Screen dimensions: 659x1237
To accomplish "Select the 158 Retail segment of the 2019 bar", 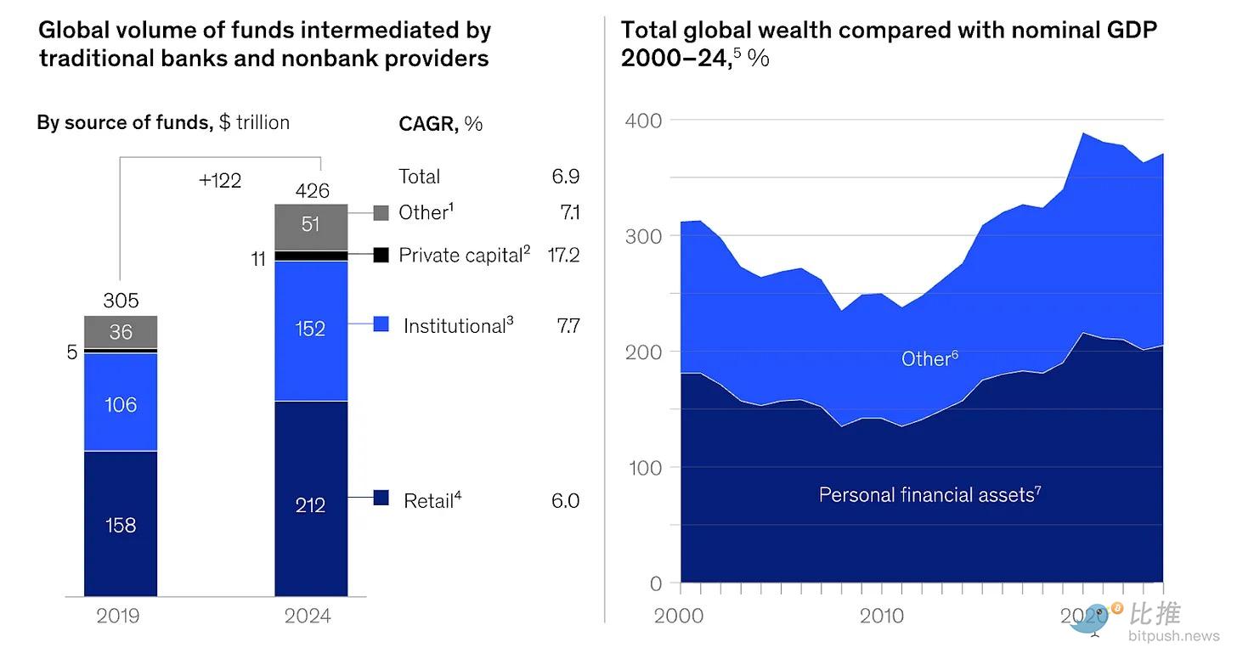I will point(121,524).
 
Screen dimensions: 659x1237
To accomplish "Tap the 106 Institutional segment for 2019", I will point(121,403).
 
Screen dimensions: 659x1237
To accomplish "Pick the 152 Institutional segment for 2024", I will point(311,329).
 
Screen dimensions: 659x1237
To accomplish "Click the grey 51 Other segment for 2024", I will point(311,224).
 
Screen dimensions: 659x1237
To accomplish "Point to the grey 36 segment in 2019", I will point(121,331).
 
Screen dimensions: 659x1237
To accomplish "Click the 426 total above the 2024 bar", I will point(312,190).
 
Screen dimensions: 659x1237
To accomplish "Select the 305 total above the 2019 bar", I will point(121,301).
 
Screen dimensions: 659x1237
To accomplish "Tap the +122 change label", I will point(220,180).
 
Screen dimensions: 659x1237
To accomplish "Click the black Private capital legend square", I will point(381,255).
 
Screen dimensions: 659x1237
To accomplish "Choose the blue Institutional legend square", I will point(381,324).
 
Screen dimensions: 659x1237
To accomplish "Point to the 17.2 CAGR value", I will point(563,255).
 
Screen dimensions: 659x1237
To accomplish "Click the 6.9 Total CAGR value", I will point(565,177).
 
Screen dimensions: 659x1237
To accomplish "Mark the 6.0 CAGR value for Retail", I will point(565,501).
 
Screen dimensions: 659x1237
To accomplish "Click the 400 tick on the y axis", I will point(643,120).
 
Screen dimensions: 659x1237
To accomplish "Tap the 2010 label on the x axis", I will point(881,616).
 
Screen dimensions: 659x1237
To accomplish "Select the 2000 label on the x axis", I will point(679,616).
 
